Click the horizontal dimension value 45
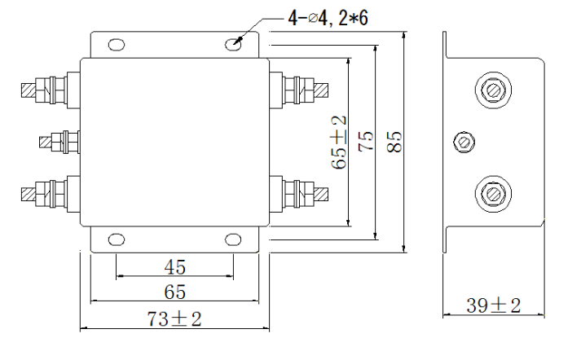[175, 266]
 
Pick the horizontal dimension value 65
[175, 292]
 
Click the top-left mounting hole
[117, 46]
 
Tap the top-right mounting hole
[235, 46]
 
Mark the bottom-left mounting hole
[117, 239]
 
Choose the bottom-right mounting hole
[235, 239]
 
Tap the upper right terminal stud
[302, 86]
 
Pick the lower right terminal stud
[302, 194]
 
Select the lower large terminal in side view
[492, 194]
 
